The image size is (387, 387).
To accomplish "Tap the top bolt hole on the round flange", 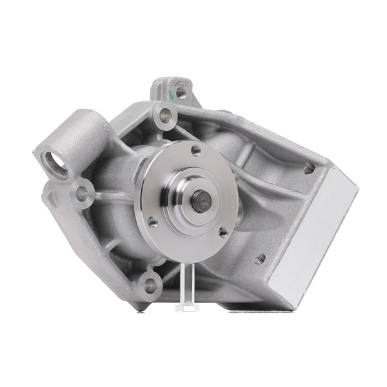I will point(195,151).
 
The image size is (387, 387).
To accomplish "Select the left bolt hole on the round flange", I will point(153,221).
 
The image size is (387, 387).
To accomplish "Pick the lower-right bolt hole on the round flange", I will point(223,232).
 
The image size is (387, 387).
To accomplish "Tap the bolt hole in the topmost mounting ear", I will point(181,93).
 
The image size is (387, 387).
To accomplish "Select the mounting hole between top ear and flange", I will point(165,117).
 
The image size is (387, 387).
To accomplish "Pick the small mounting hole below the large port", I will point(82,192).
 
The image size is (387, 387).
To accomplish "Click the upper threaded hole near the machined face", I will point(310,169).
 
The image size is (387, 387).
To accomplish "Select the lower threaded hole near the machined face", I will point(260,259).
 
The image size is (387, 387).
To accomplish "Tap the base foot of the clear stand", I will point(186,307).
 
